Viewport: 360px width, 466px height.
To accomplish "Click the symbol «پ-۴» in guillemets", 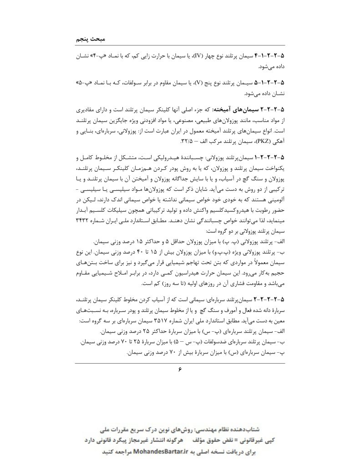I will (x=93, y=56).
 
